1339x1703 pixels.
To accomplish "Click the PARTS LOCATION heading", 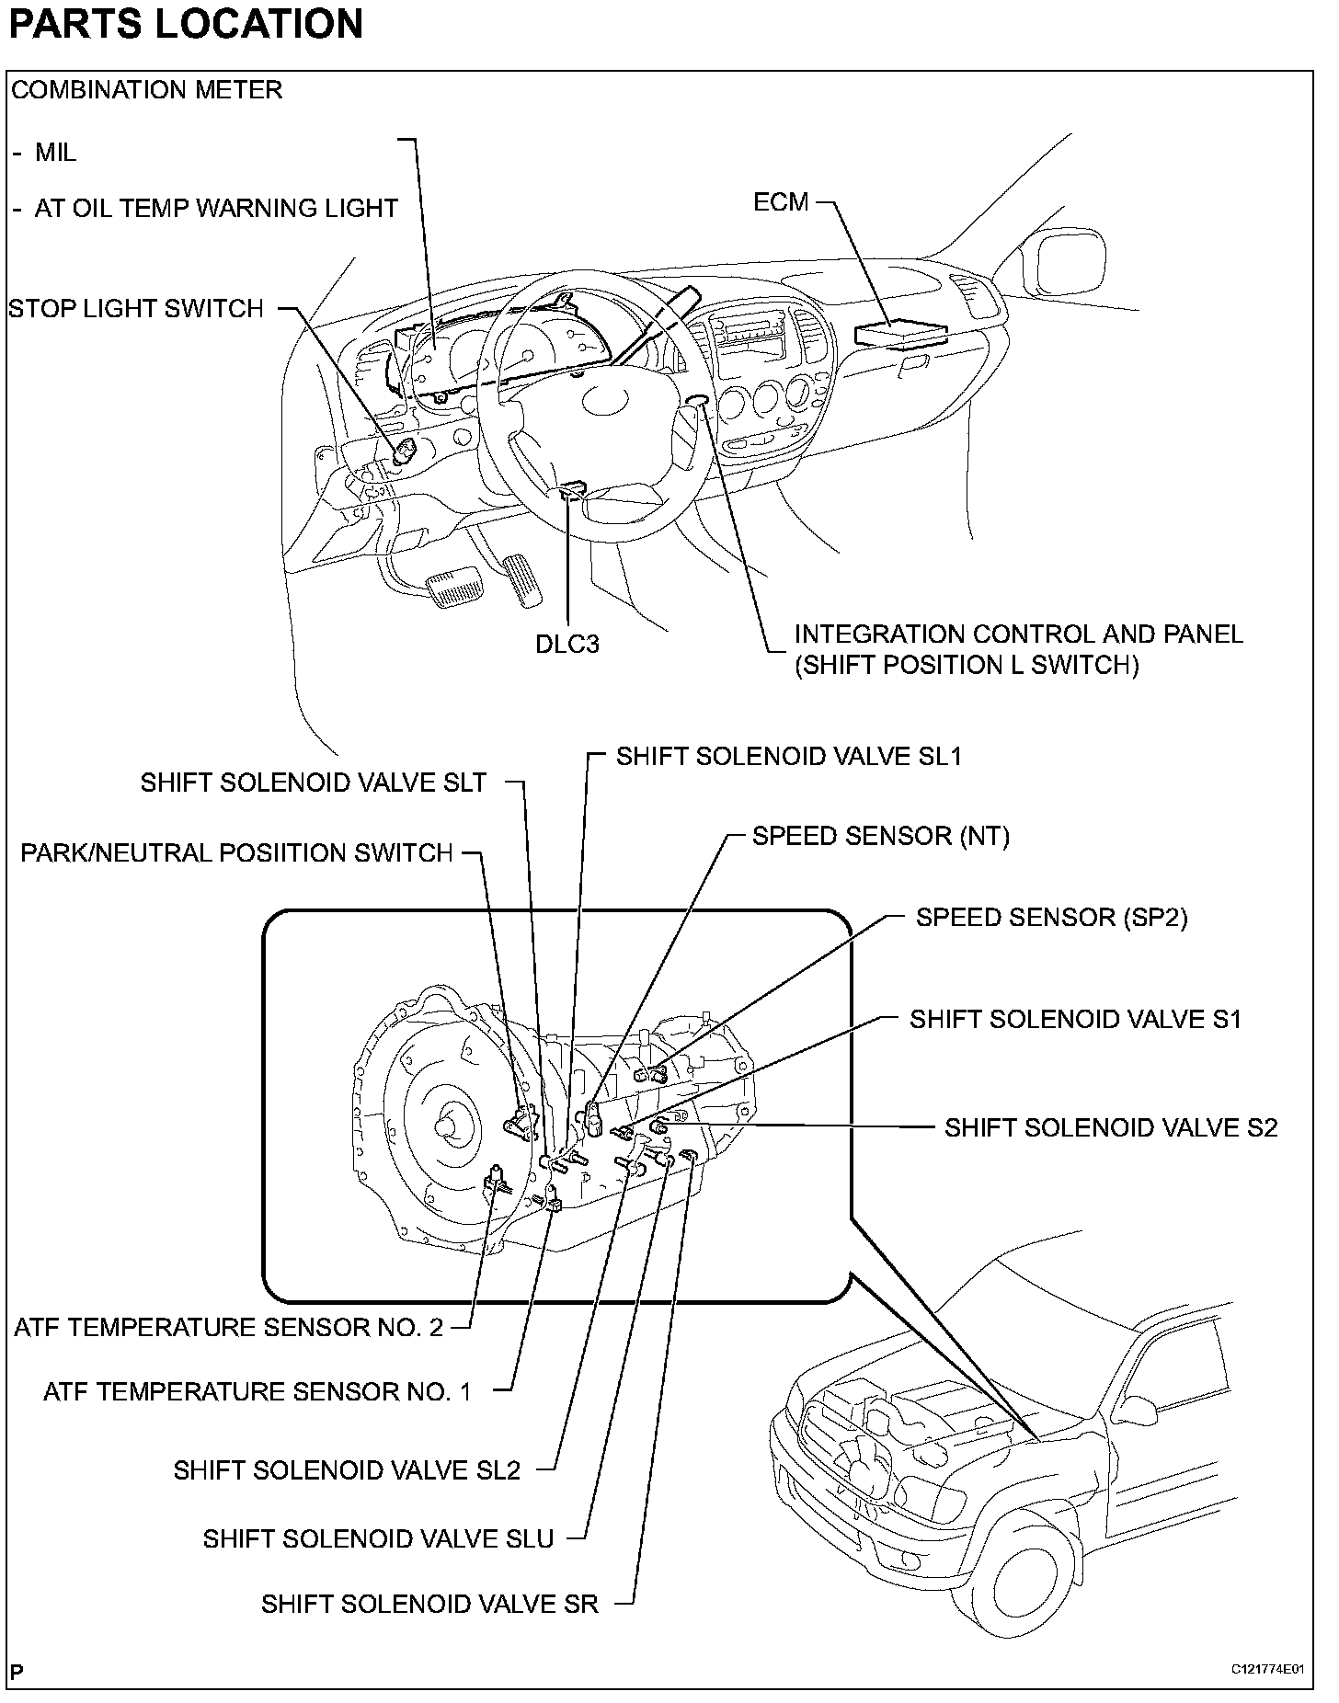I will click(186, 24).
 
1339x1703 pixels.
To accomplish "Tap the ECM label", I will click(781, 202).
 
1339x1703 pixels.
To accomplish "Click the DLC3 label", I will click(567, 645).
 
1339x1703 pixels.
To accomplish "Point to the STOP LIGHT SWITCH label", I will click(136, 309).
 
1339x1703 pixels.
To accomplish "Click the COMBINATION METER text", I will click(147, 90).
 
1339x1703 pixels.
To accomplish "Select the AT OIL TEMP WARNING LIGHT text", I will click(215, 209).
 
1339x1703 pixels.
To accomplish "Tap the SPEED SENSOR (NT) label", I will click(880, 836).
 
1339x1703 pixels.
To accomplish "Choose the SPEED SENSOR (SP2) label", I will click(1051, 918).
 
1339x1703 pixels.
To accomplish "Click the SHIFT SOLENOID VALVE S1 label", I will click(1075, 1020).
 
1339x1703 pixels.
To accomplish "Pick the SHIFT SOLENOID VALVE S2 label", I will click(1111, 1128).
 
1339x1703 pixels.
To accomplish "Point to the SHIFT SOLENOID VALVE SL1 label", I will click(789, 757).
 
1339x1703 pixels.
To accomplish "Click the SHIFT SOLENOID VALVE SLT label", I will click(314, 783).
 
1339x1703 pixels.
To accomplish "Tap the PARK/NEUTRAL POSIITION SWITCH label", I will click(237, 853).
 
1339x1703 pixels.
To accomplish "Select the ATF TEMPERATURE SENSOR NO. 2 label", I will click(229, 1328).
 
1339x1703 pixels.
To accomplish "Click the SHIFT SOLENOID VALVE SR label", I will click(429, 1604).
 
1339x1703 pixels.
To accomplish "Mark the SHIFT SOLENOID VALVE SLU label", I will click(379, 1539).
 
